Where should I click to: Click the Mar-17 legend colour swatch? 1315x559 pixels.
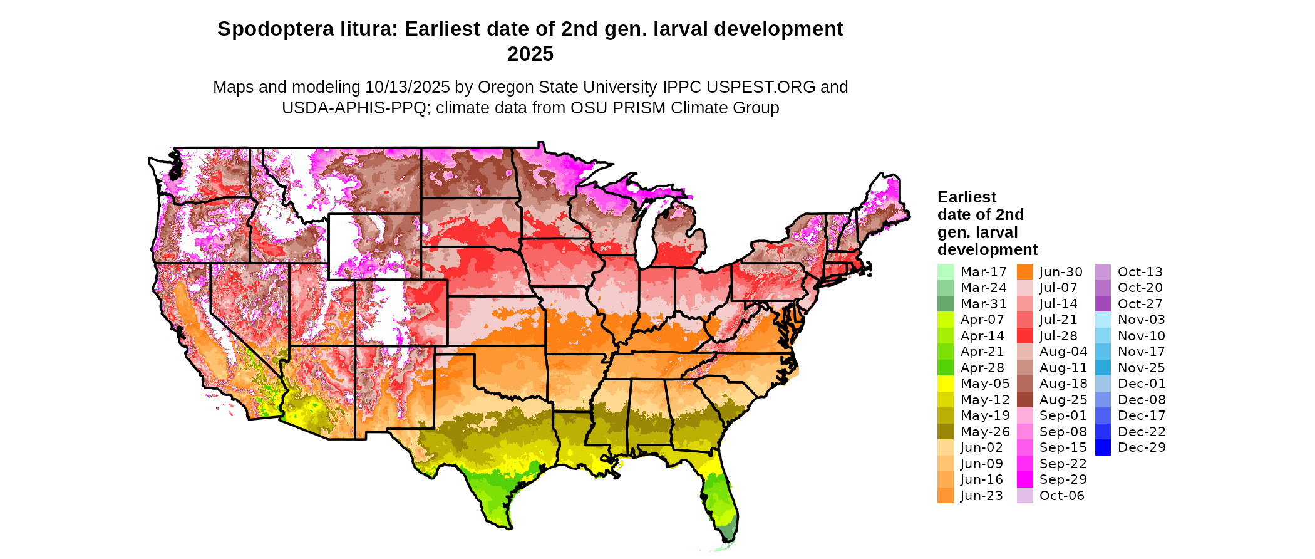coord(945,272)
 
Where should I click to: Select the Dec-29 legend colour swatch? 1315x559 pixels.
coord(1103,447)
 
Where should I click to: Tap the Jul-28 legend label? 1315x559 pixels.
coord(1058,336)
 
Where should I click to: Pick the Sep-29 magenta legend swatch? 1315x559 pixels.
coord(1024,479)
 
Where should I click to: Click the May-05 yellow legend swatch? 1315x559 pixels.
coord(945,384)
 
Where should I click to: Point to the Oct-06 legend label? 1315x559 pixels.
coord(1061,496)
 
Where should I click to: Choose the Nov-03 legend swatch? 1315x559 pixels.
coord(1103,320)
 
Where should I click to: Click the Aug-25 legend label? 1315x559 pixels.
coord(1063,400)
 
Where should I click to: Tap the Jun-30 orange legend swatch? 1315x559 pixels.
coord(1024,272)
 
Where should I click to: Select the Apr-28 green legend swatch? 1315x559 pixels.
coord(945,368)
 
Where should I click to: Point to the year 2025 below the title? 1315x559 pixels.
coord(530,55)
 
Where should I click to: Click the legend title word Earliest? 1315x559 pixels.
coord(966,197)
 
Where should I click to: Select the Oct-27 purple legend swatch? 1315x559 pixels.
coord(1103,304)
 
